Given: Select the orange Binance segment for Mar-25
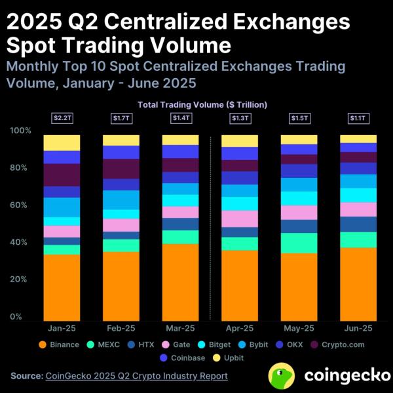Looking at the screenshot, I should click(180, 282).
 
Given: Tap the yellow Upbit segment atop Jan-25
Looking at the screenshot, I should click(62, 142).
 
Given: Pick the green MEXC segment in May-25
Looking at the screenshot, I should click(299, 243).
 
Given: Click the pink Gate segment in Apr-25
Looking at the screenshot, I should click(240, 218).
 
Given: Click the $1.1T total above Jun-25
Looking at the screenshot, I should click(358, 118).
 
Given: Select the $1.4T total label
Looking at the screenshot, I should click(180, 118).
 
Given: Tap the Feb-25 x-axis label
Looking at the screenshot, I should click(121, 328).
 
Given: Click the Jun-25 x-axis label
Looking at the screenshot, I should click(358, 328).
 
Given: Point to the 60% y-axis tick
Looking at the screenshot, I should click(19, 205).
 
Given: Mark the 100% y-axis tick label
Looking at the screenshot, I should click(20, 131).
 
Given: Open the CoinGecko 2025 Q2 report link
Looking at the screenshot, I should click(136, 376).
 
